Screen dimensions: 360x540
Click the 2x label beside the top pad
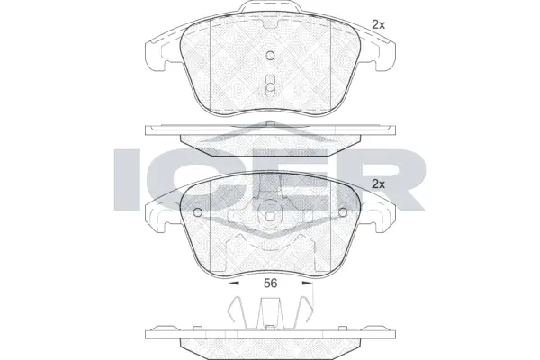point(379,26)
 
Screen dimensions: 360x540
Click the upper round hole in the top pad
point(269,56)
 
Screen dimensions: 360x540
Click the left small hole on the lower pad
point(199,214)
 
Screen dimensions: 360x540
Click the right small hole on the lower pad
point(341,214)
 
